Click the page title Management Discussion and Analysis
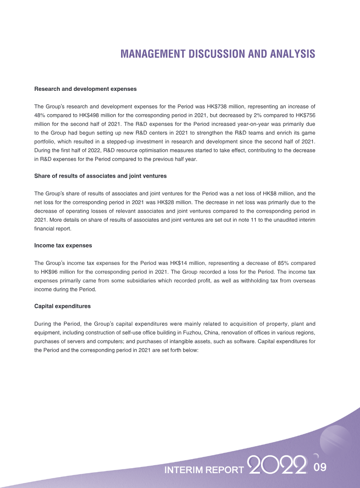pos(218,54)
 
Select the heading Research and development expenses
pos(85,89)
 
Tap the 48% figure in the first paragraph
pos(40,116)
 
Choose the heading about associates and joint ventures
pos(100,176)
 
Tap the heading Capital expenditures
pos(63,306)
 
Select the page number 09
pos(319,467)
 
